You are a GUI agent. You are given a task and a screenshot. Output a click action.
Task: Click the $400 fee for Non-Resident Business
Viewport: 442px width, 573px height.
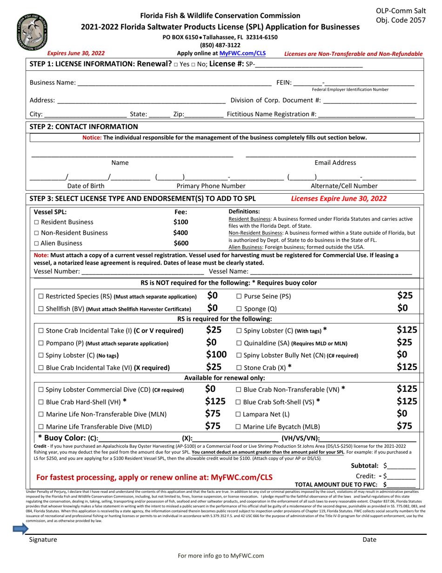(x=181, y=232)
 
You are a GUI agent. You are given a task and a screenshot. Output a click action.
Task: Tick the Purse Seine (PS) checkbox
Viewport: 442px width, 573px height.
(x=239, y=296)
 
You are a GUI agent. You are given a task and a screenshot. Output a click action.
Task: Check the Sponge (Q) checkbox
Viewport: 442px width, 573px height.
(x=239, y=309)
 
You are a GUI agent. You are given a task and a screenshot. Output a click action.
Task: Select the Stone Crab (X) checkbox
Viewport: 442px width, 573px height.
(x=239, y=367)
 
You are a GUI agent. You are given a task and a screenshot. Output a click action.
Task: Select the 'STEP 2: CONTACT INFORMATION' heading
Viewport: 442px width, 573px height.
(x=81, y=126)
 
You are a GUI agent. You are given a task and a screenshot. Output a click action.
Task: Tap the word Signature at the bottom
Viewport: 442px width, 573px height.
(x=43, y=539)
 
